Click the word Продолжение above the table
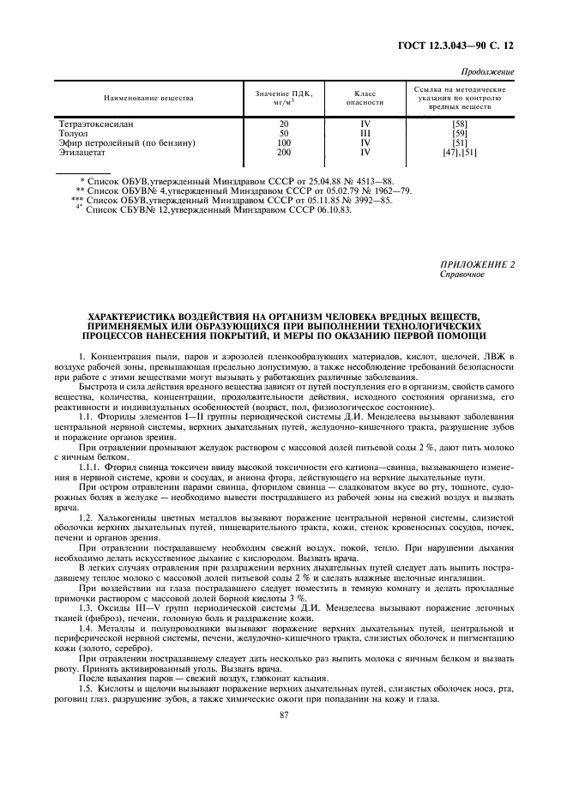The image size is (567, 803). (488, 71)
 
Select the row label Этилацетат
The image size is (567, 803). (81, 152)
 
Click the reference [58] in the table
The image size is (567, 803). (459, 124)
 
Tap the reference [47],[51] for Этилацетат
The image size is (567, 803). (459, 152)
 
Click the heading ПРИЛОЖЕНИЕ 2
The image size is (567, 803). (476, 265)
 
